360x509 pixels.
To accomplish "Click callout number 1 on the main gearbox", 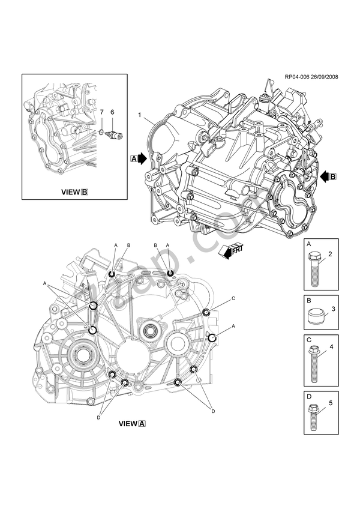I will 139,114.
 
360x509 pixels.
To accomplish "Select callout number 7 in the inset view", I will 101,112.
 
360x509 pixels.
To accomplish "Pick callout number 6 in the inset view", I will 112,112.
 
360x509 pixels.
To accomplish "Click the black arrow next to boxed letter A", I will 143,158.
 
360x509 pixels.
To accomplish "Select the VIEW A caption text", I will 132,423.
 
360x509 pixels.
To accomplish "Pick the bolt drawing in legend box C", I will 316,364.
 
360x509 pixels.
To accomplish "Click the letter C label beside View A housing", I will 233,298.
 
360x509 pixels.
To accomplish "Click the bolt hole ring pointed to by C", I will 206,312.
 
